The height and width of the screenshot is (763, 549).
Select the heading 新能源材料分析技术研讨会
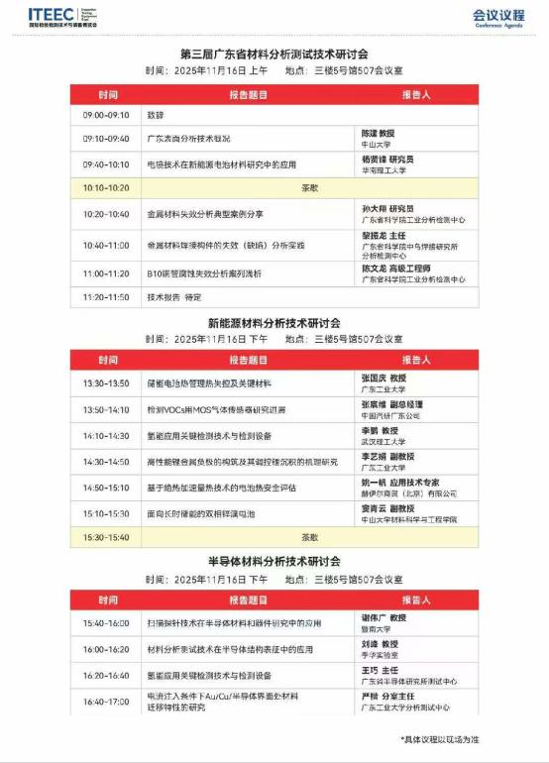tap(274, 323)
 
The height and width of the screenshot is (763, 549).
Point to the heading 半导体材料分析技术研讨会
tap(274, 560)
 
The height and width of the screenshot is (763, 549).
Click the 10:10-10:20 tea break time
tap(107, 186)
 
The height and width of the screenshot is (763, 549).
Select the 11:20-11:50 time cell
tap(107, 296)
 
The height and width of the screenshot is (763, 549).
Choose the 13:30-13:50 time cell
tap(107, 381)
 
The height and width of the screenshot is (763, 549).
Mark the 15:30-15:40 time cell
tap(107, 537)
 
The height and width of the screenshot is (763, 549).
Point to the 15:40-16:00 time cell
tap(107, 624)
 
